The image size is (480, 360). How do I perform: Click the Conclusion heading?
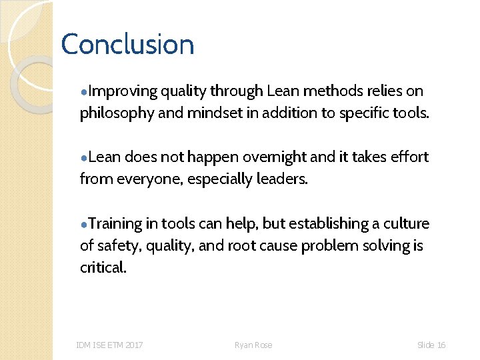click(x=127, y=45)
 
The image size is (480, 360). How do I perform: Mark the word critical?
click(x=103, y=267)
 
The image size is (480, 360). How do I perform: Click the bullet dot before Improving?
click(x=83, y=92)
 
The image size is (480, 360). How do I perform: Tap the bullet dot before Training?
click(x=83, y=225)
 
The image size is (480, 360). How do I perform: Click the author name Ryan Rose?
click(x=253, y=345)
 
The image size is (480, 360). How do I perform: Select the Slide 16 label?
click(x=431, y=345)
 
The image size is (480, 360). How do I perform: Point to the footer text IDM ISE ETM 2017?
click(x=109, y=345)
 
